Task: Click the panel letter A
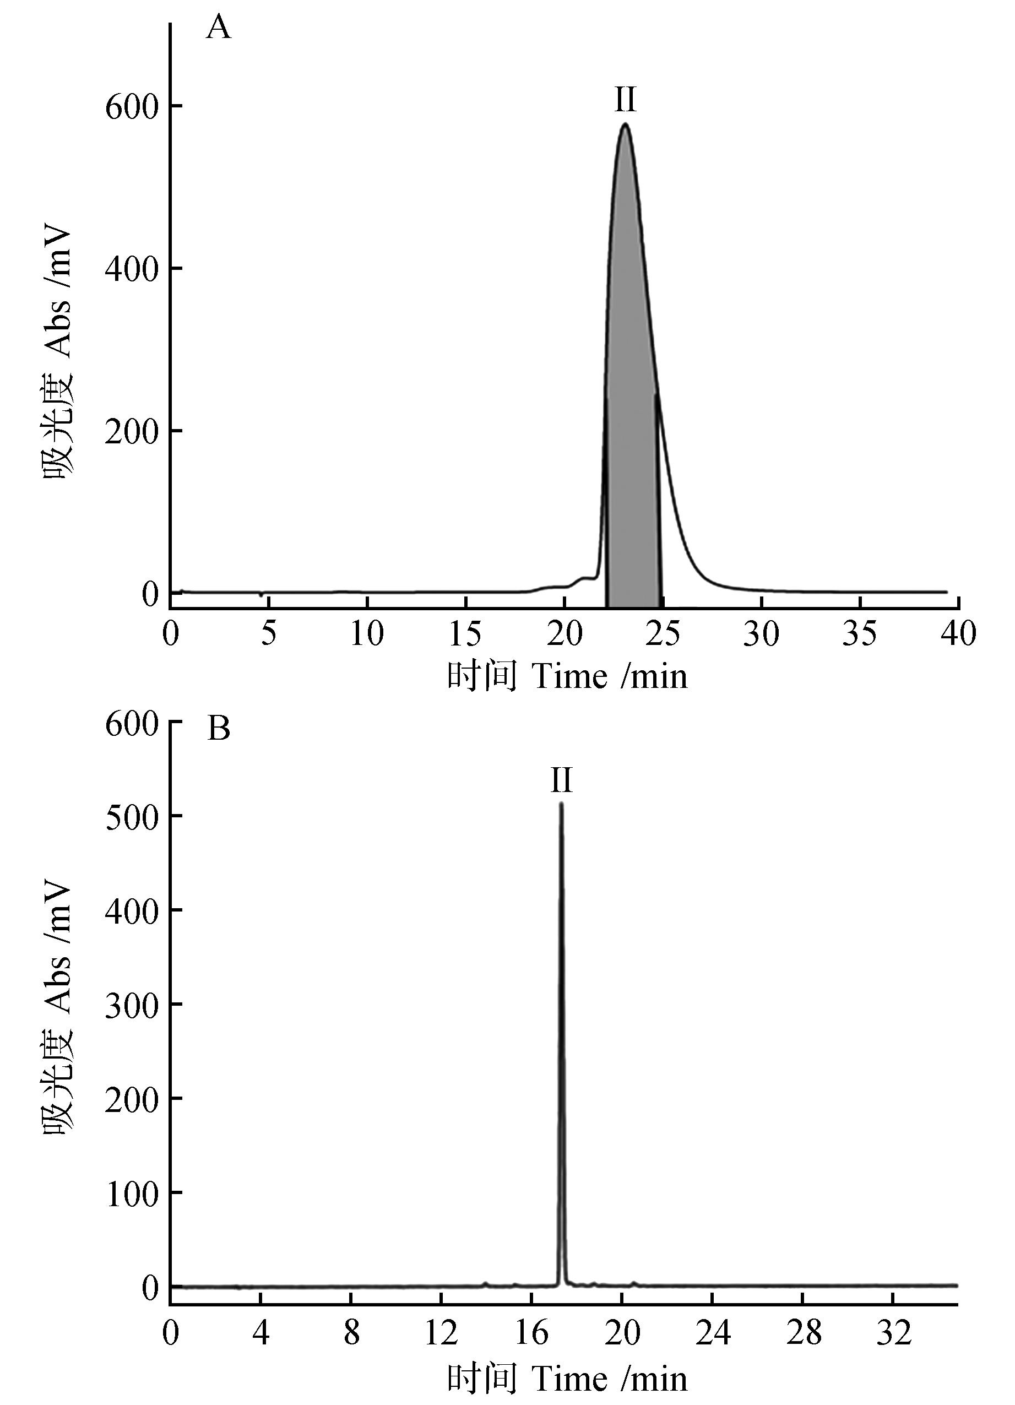[218, 29]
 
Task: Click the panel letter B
[219, 729]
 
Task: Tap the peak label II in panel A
[625, 99]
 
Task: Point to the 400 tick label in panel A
[131, 268]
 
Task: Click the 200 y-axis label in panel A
[131, 431]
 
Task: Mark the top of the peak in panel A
[626, 124]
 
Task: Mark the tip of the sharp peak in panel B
[561, 804]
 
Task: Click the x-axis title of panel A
[567, 676]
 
